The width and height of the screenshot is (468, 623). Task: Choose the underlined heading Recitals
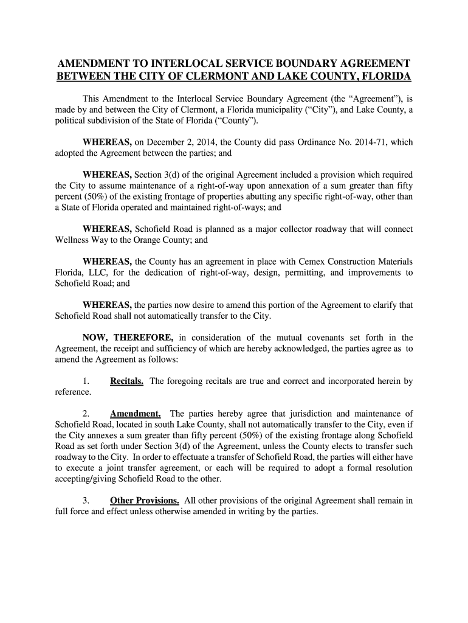[127, 381]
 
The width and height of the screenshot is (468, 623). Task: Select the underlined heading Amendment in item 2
[135, 414]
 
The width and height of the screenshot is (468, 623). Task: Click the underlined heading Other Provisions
[145, 501]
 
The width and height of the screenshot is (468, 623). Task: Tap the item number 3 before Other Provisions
[86, 501]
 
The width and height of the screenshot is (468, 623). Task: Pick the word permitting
[303, 273]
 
